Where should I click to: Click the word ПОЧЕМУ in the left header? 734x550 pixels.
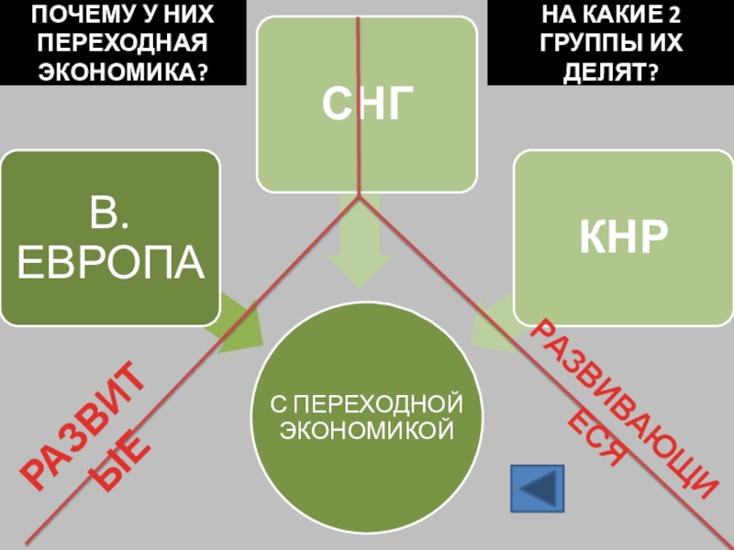click(x=70, y=15)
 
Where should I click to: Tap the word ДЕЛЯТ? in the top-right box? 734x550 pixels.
click(x=610, y=71)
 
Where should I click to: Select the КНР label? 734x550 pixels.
click(x=622, y=237)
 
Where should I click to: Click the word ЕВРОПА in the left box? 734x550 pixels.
click(x=111, y=263)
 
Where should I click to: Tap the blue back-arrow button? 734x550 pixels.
click(x=537, y=488)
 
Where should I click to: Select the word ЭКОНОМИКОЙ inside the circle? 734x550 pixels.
click(x=366, y=428)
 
